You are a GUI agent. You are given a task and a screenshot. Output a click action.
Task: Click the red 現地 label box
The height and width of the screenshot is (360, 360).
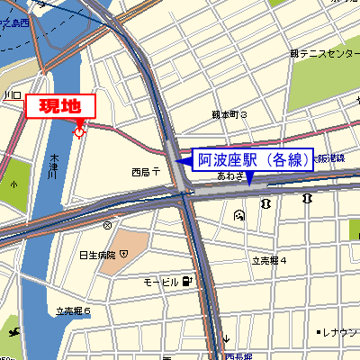[x=59, y=105]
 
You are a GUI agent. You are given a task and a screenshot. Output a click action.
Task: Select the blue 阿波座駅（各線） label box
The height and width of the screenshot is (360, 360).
[x=255, y=160]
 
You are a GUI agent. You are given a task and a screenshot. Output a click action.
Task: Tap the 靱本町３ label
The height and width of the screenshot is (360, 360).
[x=229, y=115]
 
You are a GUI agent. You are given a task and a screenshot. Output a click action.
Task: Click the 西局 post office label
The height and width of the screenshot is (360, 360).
[x=144, y=171]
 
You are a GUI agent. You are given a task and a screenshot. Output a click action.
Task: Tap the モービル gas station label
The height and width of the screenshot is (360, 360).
[x=162, y=283]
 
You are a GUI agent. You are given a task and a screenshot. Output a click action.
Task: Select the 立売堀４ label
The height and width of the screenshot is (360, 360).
[x=268, y=260]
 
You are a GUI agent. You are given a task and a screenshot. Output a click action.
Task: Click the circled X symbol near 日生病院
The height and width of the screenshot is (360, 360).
[x=108, y=225]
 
